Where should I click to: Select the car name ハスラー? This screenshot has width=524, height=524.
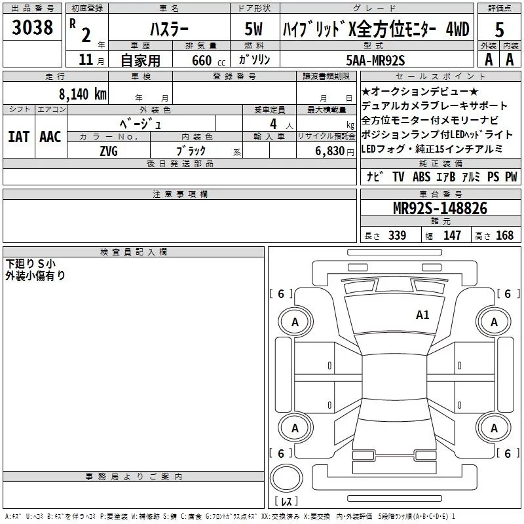point(169,30)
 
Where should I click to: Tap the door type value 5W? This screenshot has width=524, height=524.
point(255,30)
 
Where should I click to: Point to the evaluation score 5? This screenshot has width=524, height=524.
point(500,30)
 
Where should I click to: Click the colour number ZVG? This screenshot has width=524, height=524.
point(109,150)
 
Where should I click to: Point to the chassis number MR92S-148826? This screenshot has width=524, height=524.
point(440,208)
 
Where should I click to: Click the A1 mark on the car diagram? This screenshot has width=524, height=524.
point(422,315)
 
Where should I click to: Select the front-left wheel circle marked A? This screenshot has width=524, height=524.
point(295,322)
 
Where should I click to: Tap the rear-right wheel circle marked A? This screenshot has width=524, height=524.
point(494,428)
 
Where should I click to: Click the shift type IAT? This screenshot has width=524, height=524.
point(18,136)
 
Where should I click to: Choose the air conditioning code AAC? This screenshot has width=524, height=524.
point(50,136)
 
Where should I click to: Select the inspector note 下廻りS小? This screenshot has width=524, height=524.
point(31,263)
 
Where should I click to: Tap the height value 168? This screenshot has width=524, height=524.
point(504,236)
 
